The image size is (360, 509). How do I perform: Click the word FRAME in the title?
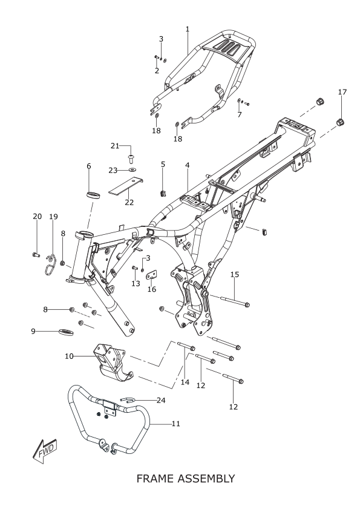click(155, 479)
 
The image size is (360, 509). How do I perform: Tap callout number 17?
click(342, 92)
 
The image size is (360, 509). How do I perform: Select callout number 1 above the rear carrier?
click(188, 29)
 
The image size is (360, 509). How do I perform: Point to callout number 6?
click(88, 166)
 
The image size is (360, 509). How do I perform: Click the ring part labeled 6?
click(93, 195)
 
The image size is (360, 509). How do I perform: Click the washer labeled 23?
click(133, 170)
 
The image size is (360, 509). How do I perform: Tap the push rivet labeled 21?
click(131, 159)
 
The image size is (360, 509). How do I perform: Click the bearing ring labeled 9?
click(66, 332)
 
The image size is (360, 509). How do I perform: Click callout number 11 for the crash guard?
click(175, 424)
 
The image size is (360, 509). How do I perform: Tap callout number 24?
click(161, 400)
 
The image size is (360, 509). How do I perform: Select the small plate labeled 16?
click(152, 275)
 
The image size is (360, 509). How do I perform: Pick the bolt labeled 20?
click(36, 255)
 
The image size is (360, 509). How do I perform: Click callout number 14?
click(185, 382)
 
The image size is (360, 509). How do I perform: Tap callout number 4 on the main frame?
click(188, 165)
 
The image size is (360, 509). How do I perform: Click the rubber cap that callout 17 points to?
click(339, 123)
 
